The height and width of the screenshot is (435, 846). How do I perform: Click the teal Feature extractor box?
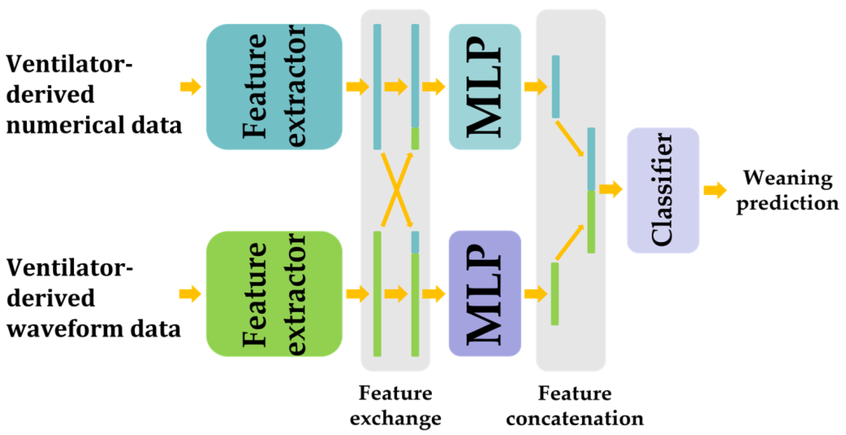[274, 87]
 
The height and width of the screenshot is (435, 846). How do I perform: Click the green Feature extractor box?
[274, 294]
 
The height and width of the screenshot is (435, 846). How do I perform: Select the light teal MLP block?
[485, 87]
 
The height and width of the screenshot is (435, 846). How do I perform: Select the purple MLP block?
[485, 294]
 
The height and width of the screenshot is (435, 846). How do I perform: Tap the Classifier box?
[663, 190]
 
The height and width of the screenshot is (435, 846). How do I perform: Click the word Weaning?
[788, 178]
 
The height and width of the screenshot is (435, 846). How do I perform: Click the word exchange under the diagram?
[395, 418]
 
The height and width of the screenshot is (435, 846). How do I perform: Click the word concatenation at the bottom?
[575, 418]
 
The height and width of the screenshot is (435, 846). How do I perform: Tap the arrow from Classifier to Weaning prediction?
[715, 190]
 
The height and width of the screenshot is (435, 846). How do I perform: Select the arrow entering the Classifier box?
[610, 189]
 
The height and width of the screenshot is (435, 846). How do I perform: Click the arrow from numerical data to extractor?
[190, 87]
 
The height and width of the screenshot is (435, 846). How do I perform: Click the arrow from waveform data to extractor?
[190, 294]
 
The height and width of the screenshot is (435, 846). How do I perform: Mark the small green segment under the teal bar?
[415, 138]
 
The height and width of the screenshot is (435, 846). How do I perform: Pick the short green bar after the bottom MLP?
[555, 294]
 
